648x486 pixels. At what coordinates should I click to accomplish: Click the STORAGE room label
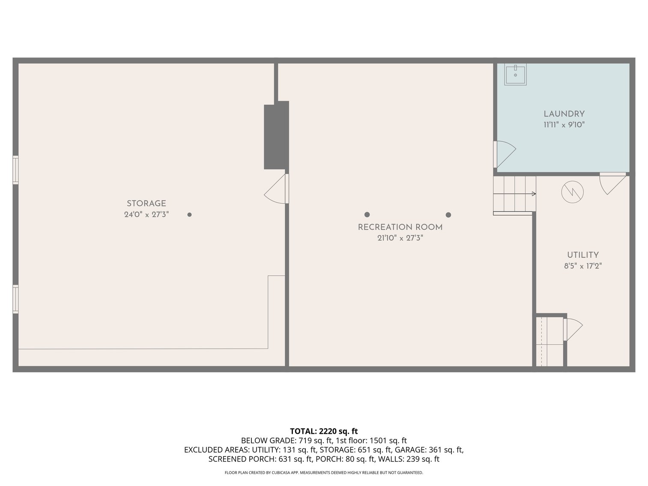(146, 204)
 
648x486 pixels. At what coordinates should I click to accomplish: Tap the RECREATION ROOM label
(400, 227)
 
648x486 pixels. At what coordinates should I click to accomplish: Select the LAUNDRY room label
(564, 114)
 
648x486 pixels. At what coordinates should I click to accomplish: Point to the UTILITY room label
(582, 255)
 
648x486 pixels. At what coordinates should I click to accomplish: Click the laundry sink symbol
(515, 75)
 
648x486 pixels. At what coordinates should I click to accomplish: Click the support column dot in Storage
(189, 215)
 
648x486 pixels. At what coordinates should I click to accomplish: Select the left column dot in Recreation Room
(367, 215)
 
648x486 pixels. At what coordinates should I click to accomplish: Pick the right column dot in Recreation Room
(448, 215)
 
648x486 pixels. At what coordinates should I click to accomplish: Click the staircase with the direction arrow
(514, 194)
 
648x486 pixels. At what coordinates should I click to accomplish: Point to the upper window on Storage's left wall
(15, 170)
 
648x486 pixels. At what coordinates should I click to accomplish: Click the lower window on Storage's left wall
(15, 299)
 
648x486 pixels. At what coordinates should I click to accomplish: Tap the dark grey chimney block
(276, 135)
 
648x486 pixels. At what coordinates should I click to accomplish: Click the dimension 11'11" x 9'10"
(564, 125)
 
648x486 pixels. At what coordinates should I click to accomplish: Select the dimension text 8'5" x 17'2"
(582, 266)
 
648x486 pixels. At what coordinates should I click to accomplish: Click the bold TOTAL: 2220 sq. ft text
(324, 431)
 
